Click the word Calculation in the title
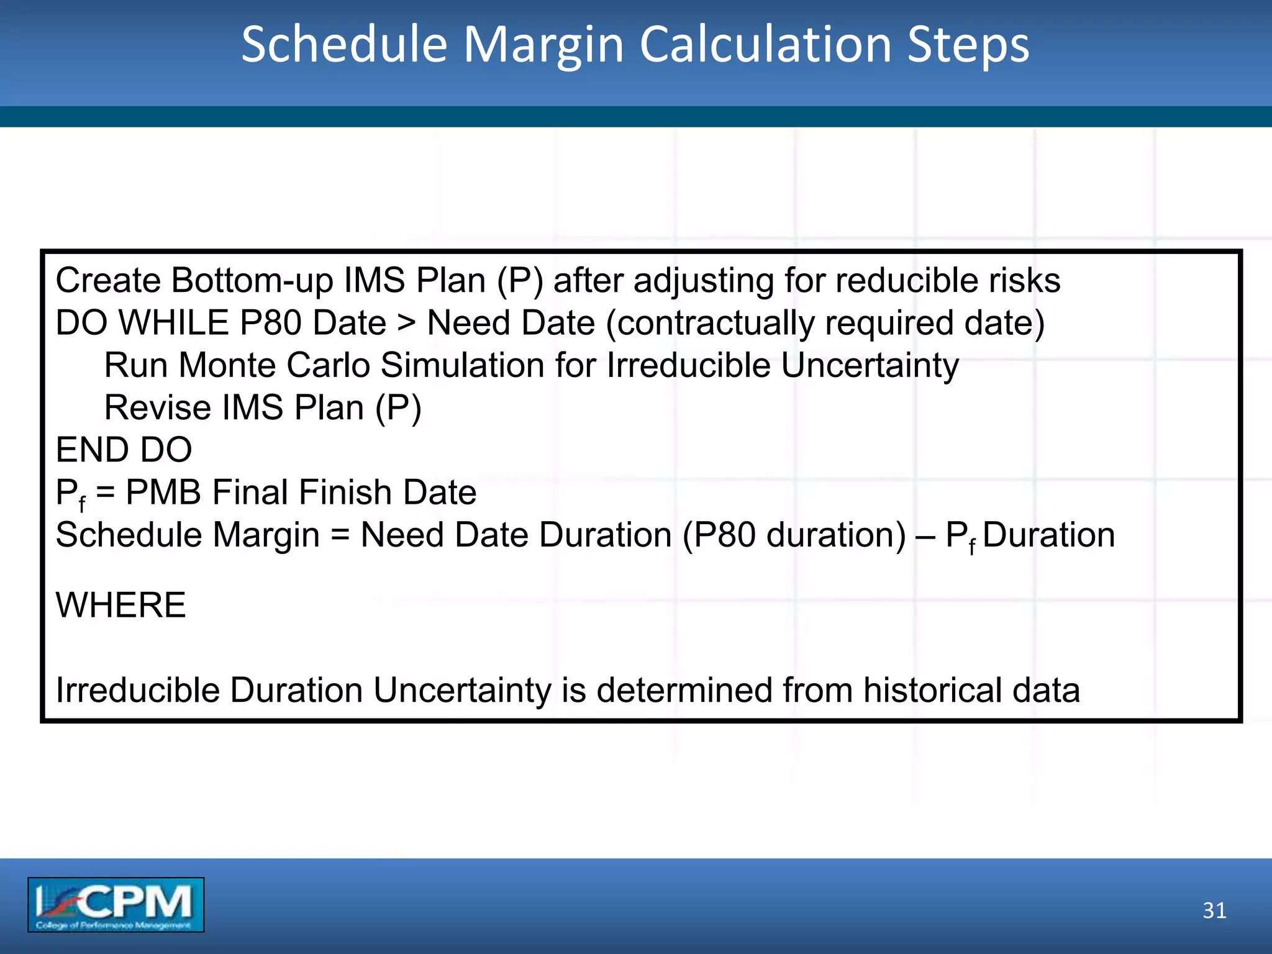766,45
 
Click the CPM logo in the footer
116,904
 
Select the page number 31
1214,911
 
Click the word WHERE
120,605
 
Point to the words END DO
124,450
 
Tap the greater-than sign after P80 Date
407,324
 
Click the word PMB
163,493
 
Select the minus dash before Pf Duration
925,535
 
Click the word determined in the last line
684,691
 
